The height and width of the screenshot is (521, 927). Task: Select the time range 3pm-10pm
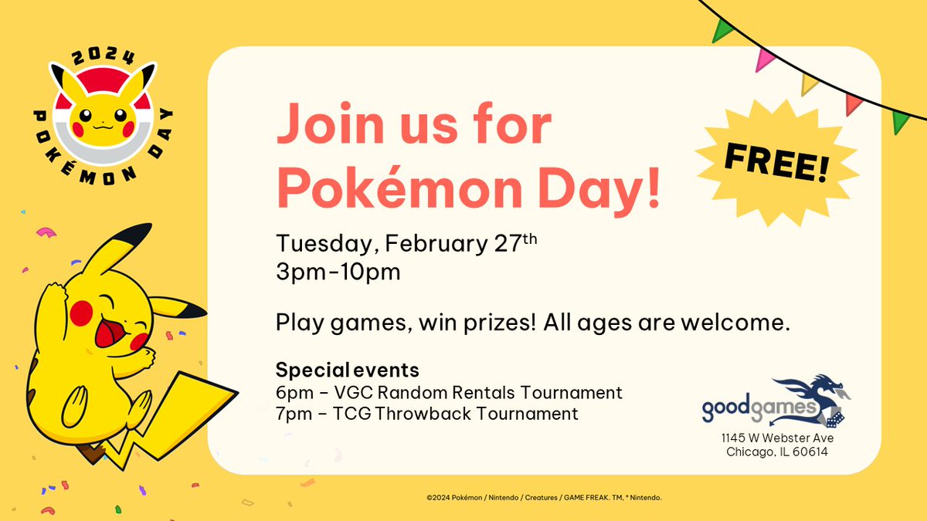[338, 272]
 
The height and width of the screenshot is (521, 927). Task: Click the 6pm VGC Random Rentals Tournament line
[448, 392]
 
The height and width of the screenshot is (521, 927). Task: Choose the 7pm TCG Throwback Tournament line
[426, 414]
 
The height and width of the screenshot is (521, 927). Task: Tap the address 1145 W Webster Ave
[776, 438]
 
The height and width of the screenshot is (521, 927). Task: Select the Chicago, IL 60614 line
[776, 452]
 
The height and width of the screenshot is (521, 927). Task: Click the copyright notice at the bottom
[543, 498]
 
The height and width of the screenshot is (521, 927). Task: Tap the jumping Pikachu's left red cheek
[82, 311]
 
